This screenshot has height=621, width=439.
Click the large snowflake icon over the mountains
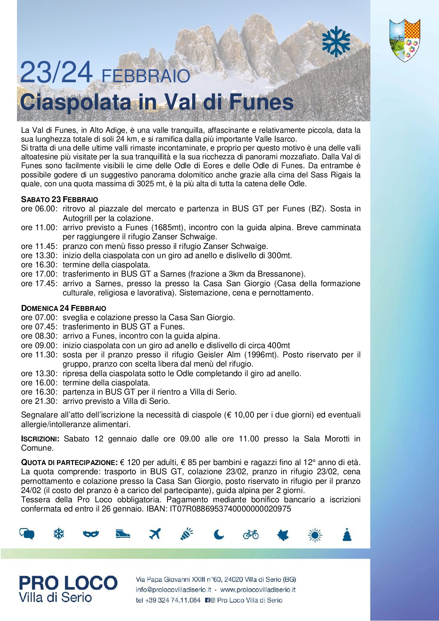(x=336, y=41)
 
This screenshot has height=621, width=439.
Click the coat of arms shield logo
(x=404, y=40)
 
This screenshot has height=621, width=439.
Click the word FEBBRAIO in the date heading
(x=145, y=76)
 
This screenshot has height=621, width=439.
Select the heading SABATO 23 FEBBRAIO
(x=59, y=200)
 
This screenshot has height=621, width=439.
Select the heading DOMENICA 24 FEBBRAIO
(x=63, y=308)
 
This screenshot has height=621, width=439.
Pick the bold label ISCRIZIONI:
(x=40, y=439)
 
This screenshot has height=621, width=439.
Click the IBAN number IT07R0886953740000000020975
(x=230, y=509)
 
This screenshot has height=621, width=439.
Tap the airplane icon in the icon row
(x=155, y=534)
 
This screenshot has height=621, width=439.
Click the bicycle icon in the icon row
(x=251, y=534)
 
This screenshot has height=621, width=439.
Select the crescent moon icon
(x=219, y=534)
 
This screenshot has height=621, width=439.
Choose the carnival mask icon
(x=91, y=534)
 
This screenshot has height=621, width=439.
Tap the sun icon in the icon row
(x=315, y=534)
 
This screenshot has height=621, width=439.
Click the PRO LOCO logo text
(x=68, y=583)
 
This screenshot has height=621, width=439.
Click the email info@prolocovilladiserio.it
(x=173, y=590)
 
